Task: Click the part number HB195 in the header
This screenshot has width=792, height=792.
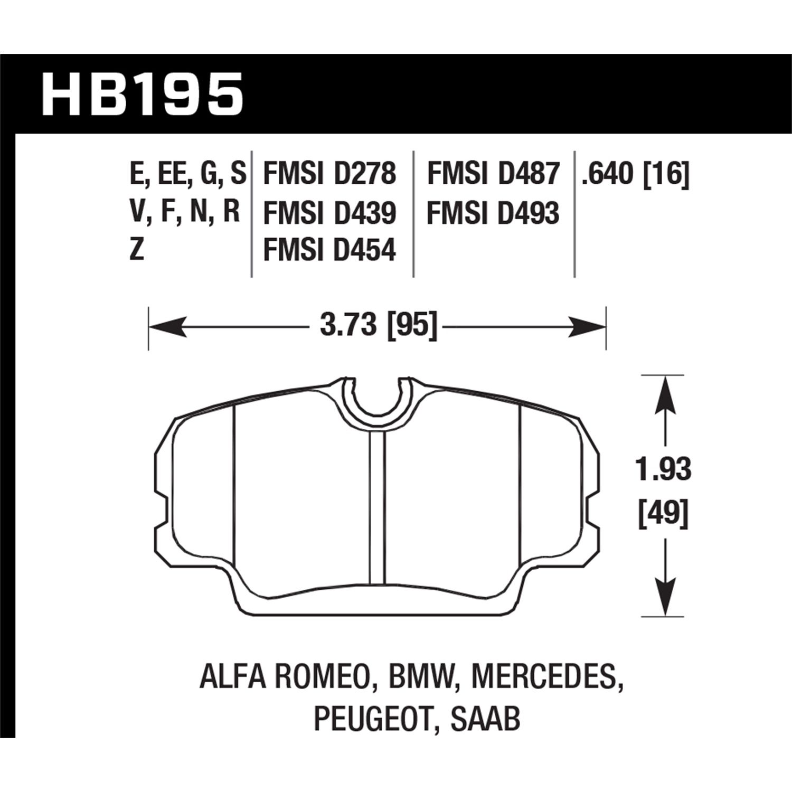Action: pyautogui.click(x=143, y=95)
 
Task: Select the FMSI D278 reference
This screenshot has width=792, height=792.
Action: pyautogui.click(x=329, y=174)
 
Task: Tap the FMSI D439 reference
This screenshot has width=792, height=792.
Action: pyautogui.click(x=329, y=214)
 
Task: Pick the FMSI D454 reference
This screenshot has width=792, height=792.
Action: pyautogui.click(x=329, y=250)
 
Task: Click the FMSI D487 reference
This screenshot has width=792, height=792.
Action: pyautogui.click(x=493, y=174)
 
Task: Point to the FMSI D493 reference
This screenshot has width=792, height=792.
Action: pyautogui.click(x=493, y=214)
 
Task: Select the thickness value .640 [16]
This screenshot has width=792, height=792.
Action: pyautogui.click(x=635, y=175)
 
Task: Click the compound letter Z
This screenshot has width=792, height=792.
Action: pyautogui.click(x=137, y=250)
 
